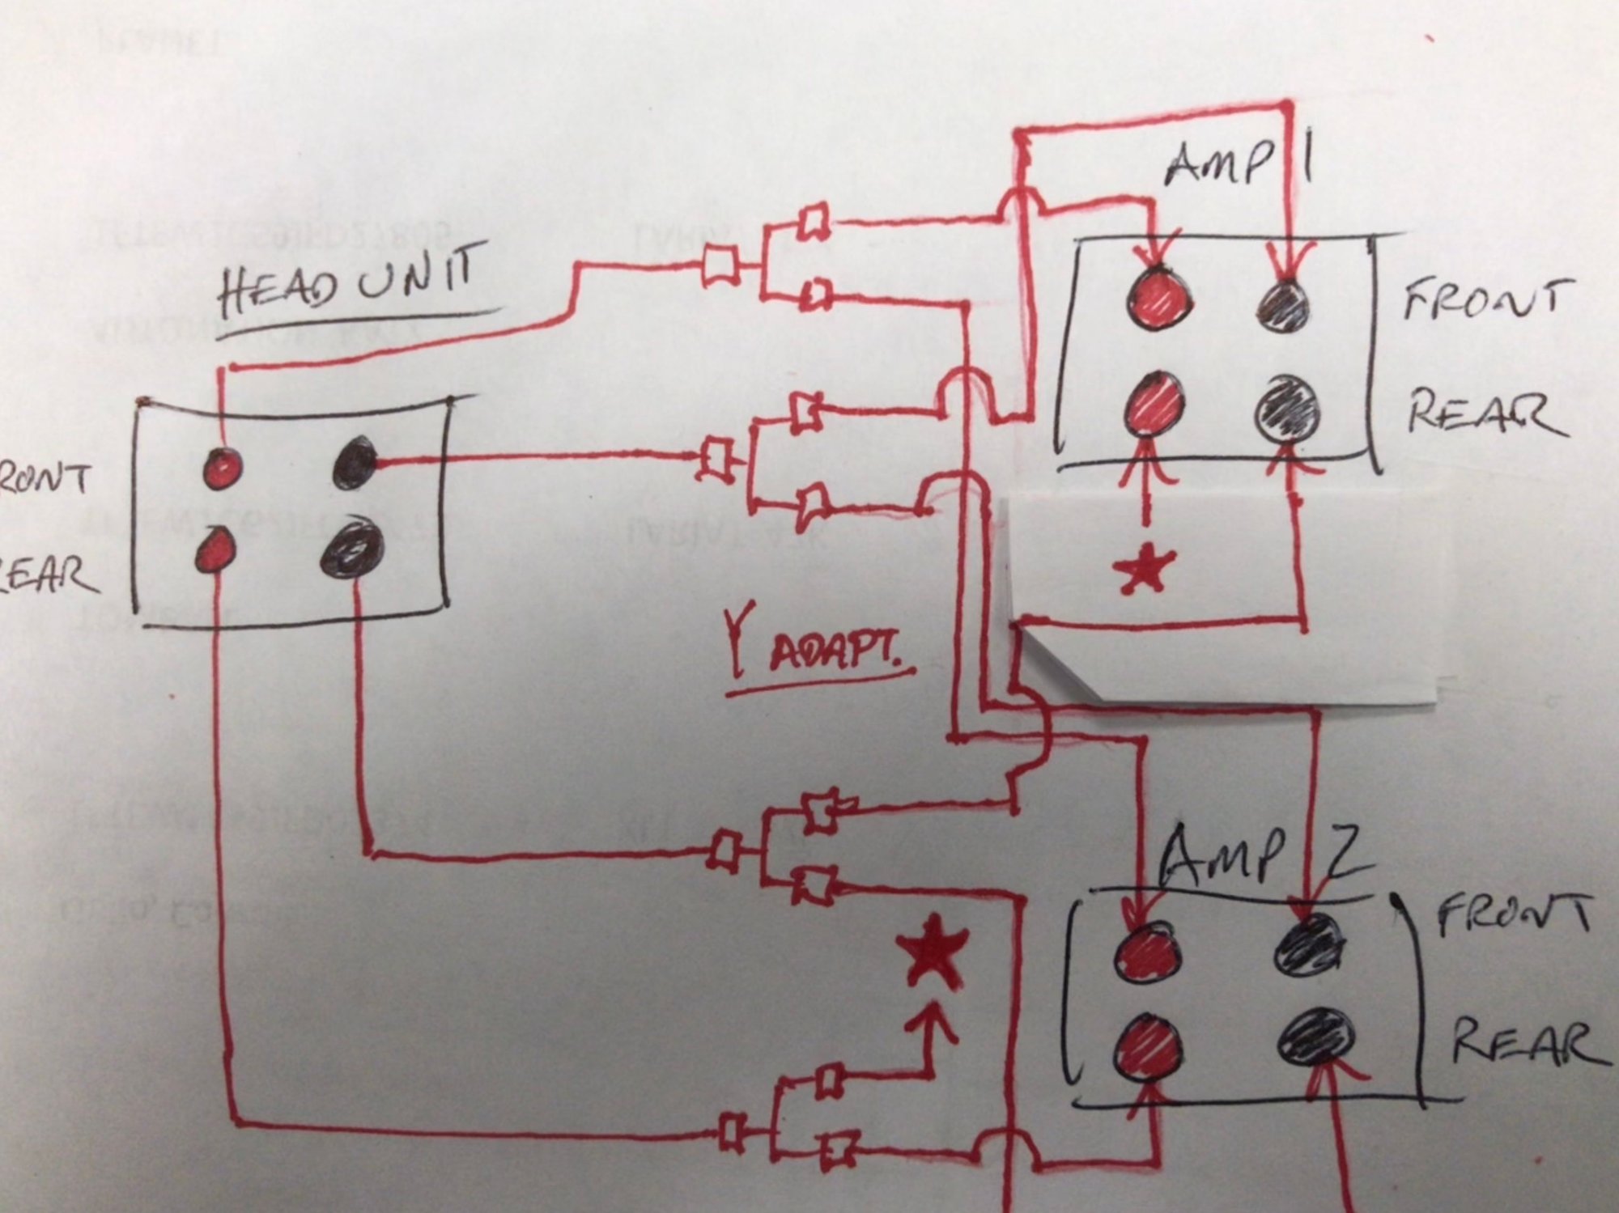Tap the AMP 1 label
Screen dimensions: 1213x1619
pos(1239,164)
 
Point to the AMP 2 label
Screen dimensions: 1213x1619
pos(1263,858)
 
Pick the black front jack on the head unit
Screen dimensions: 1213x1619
pos(355,463)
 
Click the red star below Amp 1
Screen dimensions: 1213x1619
pos(1144,569)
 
